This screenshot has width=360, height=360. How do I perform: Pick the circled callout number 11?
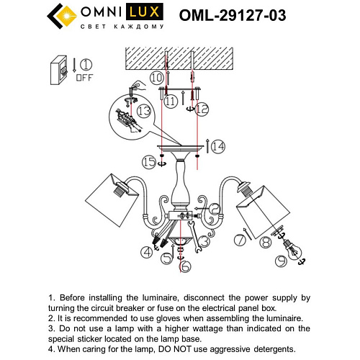point(171,102)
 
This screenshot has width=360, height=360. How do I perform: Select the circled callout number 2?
point(218,209)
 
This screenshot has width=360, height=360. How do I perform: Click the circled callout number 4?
point(148,251)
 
